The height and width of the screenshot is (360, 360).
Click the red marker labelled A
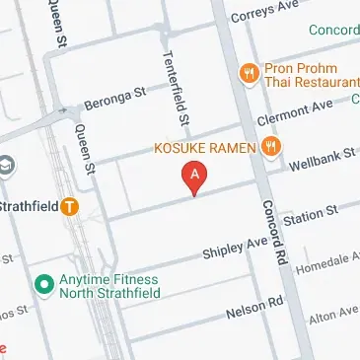[195, 179]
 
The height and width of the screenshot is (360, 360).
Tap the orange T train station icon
[69, 207]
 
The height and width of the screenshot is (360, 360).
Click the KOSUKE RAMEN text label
[205, 148]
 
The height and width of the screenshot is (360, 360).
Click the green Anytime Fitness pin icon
[42, 284]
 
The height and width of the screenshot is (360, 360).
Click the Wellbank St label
[324, 158]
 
